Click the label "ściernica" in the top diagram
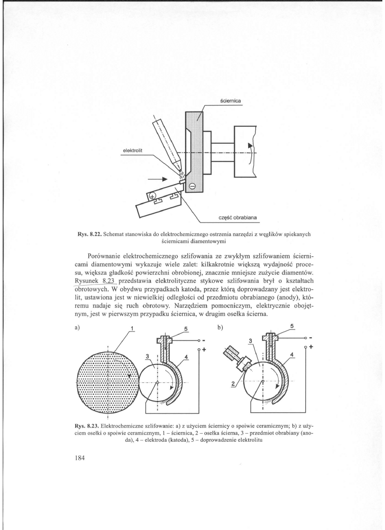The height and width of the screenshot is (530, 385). pyautogui.click(x=231, y=101)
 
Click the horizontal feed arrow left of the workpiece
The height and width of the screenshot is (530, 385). pyautogui.click(x=158, y=180)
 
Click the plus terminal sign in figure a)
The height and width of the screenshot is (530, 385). pyautogui.click(x=204, y=349)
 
